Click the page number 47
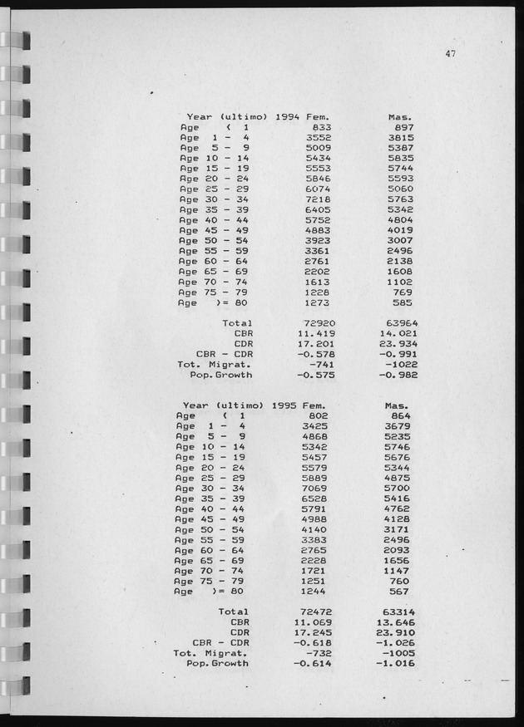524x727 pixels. coord(450,55)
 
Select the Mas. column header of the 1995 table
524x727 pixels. coord(400,405)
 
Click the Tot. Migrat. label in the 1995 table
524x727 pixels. coord(207,653)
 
